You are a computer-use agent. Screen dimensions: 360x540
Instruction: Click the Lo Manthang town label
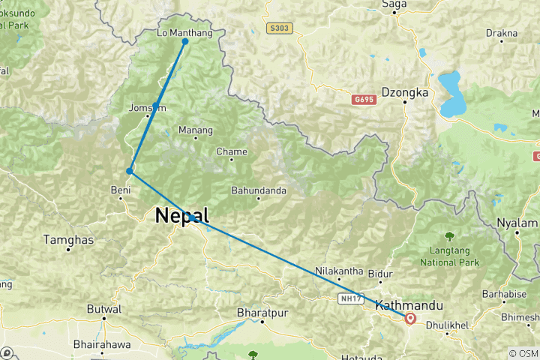184,33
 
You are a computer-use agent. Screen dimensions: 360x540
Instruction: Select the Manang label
196,130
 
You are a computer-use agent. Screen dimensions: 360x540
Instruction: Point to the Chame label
231,151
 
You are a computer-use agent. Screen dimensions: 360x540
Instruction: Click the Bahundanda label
259,190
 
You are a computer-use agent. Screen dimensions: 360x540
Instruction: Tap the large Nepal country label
181,215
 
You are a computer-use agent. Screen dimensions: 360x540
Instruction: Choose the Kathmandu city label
409,305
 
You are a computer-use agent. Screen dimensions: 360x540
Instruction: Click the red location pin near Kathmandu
410,318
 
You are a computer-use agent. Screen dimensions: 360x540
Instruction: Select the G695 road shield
364,99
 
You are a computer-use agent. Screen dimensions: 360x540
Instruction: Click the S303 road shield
279,28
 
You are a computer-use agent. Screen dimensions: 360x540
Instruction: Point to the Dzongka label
405,93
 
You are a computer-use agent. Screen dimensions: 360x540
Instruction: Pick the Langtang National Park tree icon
450,236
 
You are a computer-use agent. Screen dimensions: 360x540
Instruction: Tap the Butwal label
104,309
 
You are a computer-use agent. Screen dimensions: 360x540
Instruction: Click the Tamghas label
68,239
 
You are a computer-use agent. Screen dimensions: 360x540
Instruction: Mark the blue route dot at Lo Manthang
185,41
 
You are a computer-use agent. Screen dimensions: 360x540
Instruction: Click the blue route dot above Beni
130,172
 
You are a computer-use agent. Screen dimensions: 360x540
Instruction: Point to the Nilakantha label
339,270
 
